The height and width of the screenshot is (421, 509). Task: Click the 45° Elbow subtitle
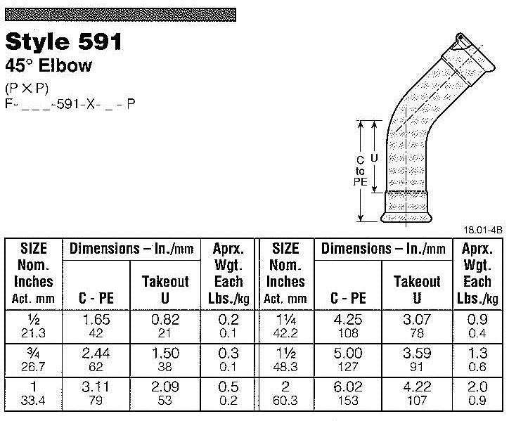49,67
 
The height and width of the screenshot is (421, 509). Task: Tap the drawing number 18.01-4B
483,228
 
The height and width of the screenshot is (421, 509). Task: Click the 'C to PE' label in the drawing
359,171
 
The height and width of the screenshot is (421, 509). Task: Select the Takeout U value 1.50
165,354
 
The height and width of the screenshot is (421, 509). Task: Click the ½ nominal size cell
33,320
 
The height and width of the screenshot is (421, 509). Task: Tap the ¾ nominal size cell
33,353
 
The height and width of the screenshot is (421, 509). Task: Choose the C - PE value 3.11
96,386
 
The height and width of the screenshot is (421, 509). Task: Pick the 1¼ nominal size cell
286,320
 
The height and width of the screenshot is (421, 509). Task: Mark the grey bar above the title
120,13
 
